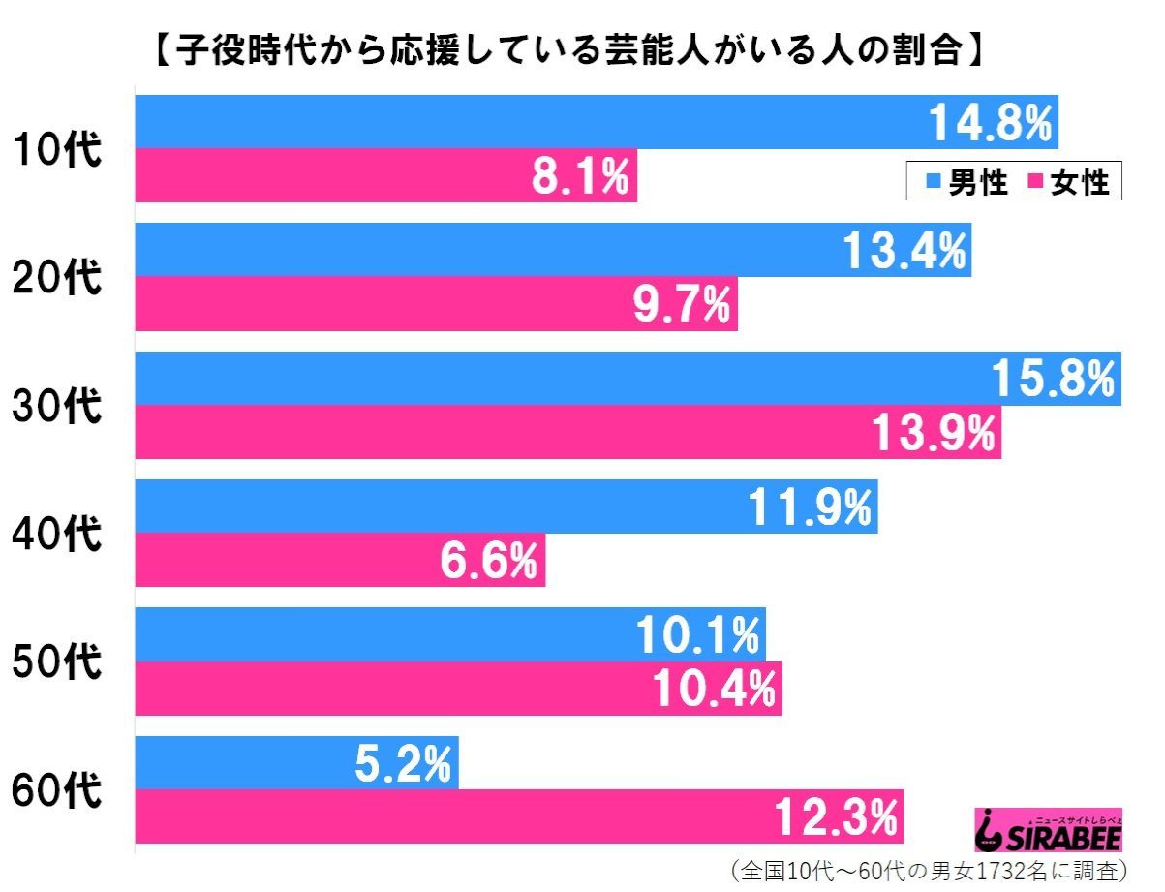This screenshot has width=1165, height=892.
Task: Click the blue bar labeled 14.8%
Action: coord(597,122)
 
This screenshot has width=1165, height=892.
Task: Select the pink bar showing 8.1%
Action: coord(386,175)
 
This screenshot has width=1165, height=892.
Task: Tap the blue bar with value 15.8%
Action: coord(628,379)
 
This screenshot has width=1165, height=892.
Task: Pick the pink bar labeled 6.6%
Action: coord(340,560)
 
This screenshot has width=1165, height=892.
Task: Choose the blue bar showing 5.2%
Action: coord(296,763)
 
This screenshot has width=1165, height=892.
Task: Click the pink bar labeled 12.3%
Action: coord(519,816)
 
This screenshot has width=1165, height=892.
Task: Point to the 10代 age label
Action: coord(57,149)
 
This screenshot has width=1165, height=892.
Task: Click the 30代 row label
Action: coord(57,405)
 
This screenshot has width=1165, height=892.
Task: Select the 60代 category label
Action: coord(57,789)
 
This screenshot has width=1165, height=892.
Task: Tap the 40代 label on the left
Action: coord(57,534)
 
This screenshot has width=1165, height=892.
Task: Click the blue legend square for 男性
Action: coord(934,181)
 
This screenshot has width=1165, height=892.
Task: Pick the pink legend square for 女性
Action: coord(1035,181)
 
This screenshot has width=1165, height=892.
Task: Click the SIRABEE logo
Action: coord(1048,829)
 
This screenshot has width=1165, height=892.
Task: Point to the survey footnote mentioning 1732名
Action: coord(929,871)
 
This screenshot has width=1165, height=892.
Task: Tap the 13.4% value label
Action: coord(904,250)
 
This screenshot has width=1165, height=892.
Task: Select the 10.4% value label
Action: coord(714,689)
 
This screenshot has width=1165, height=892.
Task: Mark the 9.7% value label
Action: coord(682,304)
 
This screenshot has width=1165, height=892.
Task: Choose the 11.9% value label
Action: coord(810,507)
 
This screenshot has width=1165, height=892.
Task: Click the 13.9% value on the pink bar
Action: coord(934,432)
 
